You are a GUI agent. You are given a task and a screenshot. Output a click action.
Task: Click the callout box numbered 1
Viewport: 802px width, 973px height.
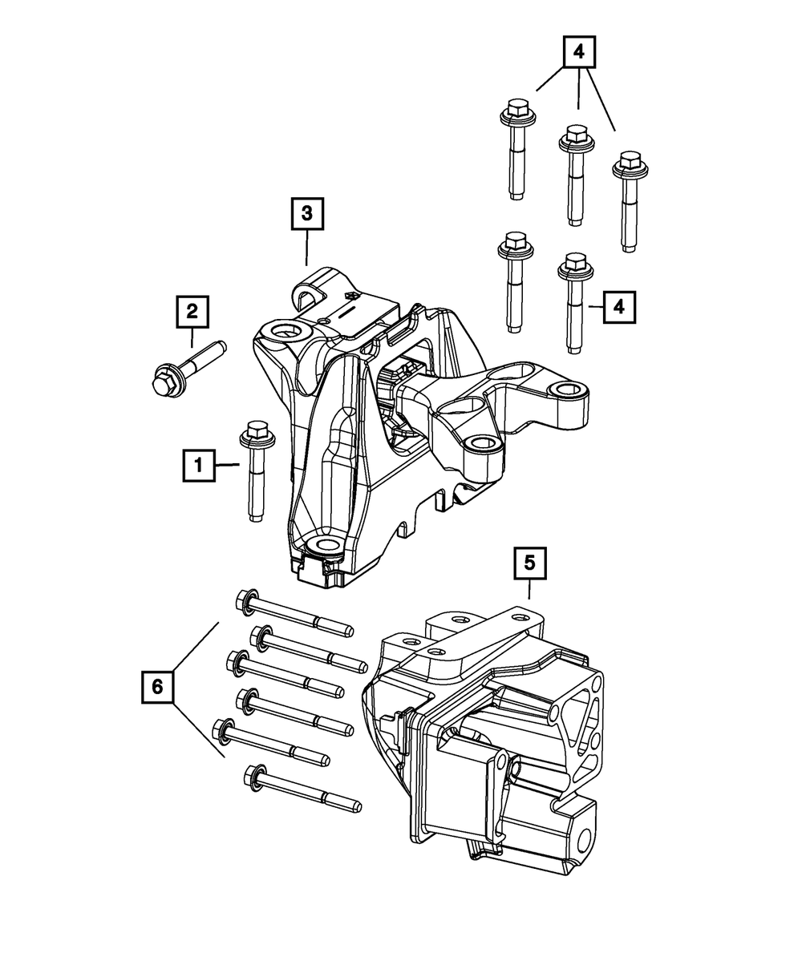click(198, 465)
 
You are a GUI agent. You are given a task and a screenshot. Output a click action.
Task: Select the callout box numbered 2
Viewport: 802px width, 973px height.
click(192, 312)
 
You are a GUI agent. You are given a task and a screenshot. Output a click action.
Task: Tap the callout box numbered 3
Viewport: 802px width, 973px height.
click(306, 214)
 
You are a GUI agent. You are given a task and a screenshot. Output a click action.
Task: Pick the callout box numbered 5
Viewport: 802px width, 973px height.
click(529, 563)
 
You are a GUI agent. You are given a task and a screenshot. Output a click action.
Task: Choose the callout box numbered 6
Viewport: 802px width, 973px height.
click(157, 686)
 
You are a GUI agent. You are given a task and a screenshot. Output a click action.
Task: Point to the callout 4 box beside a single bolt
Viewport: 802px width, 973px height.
click(619, 306)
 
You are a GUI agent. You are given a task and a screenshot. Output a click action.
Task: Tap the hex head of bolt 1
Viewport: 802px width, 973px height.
click(253, 433)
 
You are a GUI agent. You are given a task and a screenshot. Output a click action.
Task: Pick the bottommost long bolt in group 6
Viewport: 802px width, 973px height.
click(301, 789)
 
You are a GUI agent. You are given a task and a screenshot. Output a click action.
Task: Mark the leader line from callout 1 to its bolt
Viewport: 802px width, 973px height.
click(227, 465)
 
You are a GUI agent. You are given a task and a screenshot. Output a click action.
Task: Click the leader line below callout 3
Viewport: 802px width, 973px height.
click(306, 249)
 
